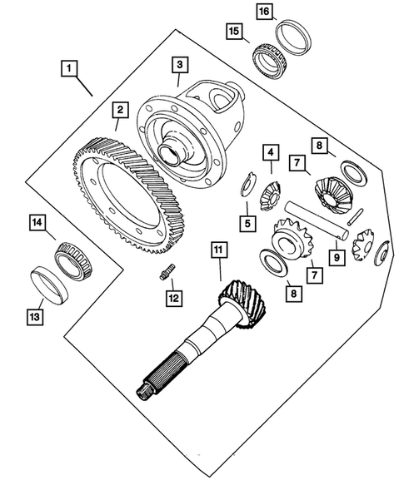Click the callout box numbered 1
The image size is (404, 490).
coord(69,68)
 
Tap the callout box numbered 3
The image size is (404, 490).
coord(180,65)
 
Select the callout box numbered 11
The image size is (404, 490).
coord(219,250)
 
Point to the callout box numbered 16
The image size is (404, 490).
coord(264,12)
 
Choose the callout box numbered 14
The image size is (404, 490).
coord(37,222)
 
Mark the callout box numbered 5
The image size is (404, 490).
coord(247,224)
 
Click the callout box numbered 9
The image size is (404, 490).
coord(337,258)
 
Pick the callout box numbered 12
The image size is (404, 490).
coord(174,299)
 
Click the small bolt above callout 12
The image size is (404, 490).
coord(167,271)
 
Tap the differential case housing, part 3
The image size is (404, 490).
coord(190,135)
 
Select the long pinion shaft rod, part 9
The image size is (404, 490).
coord(316,220)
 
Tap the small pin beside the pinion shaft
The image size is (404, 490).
coord(356,217)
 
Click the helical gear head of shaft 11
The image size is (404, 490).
coord(243,304)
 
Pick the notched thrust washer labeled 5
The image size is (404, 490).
coord(249,184)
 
